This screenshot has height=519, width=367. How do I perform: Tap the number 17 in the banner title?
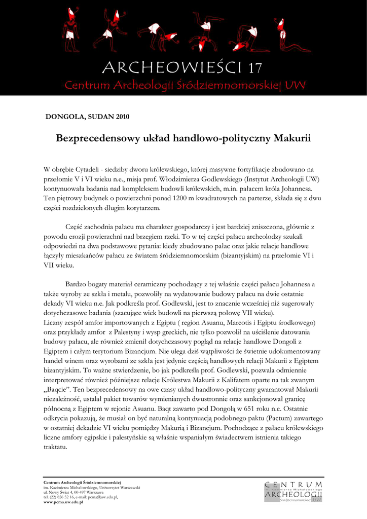tap(255, 68)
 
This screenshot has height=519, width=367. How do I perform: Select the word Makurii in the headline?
tap(292, 138)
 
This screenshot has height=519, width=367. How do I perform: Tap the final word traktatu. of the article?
tap(56, 448)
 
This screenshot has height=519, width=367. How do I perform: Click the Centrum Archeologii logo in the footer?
tap(293, 492)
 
